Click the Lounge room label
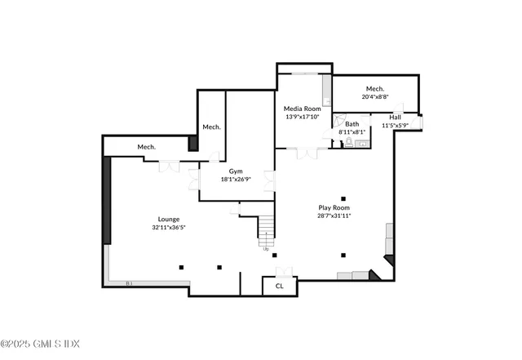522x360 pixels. pyautogui.click(x=170, y=219)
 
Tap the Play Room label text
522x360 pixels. pyautogui.click(x=334, y=208)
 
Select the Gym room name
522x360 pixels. pyautogui.click(x=236, y=171)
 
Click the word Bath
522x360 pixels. pyautogui.click(x=352, y=124)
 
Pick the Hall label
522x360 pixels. pyautogui.click(x=395, y=118)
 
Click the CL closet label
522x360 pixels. pyautogui.click(x=279, y=286)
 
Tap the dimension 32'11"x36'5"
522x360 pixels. pyautogui.click(x=170, y=228)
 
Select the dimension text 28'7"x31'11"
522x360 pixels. pyautogui.click(x=334, y=217)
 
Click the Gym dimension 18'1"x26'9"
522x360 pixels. pyautogui.click(x=236, y=180)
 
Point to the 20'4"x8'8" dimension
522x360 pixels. pyautogui.click(x=375, y=96)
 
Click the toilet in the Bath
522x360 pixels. pyautogui.click(x=348, y=142)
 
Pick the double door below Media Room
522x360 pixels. pyautogui.click(x=306, y=153)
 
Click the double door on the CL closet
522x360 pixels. pyautogui.click(x=283, y=271)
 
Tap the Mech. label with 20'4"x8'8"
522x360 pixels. pyautogui.click(x=375, y=88)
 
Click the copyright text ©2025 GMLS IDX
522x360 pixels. pyautogui.click(x=40, y=344)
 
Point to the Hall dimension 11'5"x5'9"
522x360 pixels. pyautogui.click(x=395, y=126)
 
